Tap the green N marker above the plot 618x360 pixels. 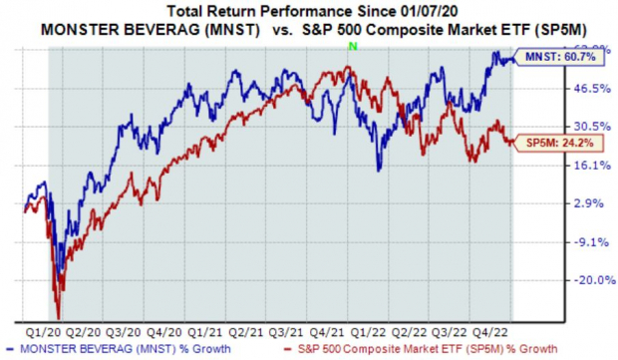pyautogui.click(x=348, y=47)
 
